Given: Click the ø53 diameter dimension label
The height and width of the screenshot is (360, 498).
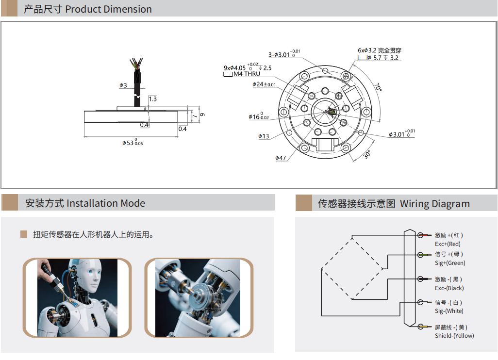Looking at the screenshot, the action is (133, 142).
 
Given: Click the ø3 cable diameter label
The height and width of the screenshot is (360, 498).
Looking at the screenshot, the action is (123, 85).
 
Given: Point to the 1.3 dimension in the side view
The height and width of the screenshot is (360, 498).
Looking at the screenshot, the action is (153, 98).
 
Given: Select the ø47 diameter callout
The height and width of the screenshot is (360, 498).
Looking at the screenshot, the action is (281, 158).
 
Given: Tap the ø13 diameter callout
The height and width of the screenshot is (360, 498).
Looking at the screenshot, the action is (264, 136).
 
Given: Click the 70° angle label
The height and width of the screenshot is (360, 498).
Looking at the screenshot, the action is (378, 87).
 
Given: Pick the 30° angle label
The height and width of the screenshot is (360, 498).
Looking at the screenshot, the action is (367, 154).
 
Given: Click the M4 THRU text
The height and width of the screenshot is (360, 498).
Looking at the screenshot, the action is (247, 74).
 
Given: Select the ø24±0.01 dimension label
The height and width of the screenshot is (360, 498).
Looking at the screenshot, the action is (264, 84).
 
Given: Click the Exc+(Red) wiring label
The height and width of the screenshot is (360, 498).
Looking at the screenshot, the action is (448, 244).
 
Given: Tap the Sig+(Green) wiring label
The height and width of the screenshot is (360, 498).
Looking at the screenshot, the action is (450, 263).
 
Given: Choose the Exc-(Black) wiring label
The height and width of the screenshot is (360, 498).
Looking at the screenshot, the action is (449, 288).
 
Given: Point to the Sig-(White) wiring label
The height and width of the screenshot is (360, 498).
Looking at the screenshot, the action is (449, 311).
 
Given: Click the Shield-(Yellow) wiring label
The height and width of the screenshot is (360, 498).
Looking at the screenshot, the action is (454, 336).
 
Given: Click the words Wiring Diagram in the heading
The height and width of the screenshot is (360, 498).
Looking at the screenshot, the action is (435, 203).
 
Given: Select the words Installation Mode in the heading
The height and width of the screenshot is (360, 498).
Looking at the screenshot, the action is (106, 203).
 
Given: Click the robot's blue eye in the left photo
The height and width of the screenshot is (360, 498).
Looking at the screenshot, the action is (90, 272).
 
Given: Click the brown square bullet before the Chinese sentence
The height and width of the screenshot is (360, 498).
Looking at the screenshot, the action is (23, 234).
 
